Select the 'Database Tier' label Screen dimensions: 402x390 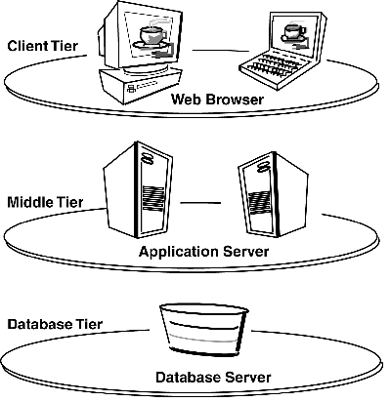tap(49, 323)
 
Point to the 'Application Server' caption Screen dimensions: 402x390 tap(203, 252)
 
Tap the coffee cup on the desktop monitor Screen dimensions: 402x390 tap(152, 37)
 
